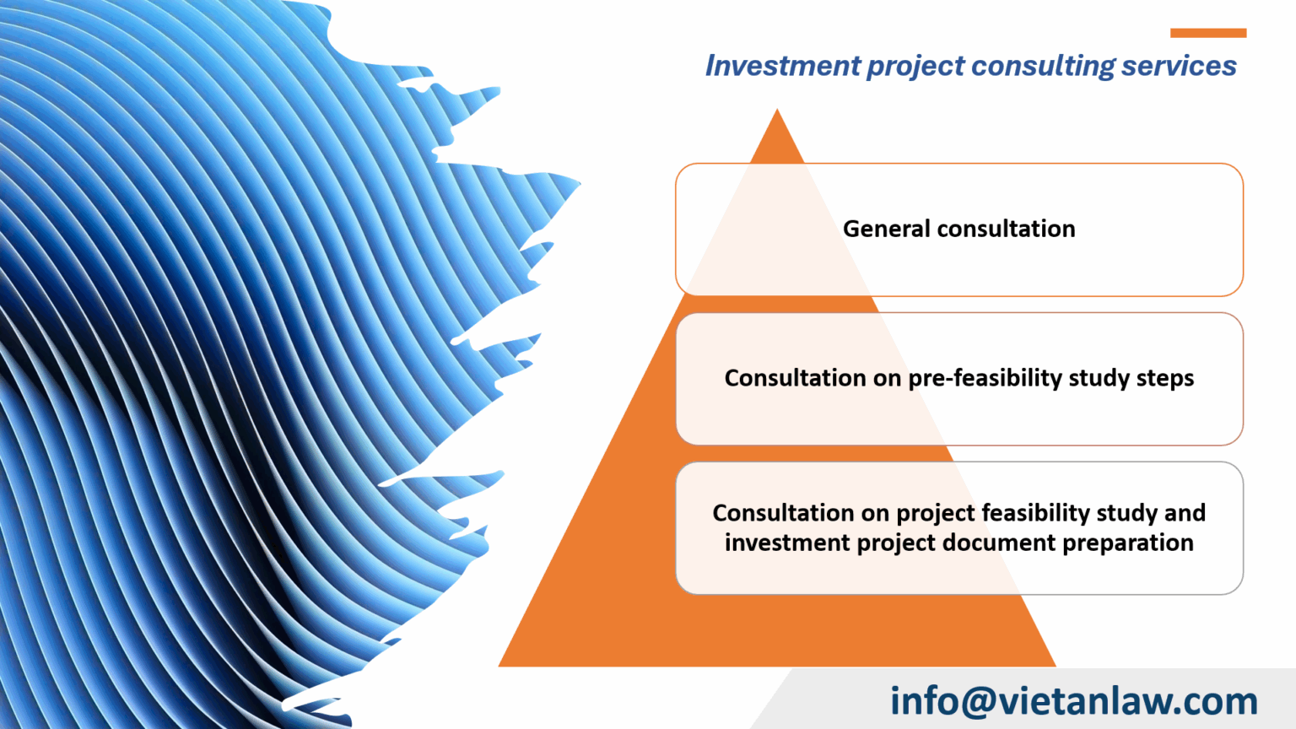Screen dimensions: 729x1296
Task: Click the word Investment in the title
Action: coord(782,66)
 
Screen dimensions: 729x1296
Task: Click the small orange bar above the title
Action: coord(1207,33)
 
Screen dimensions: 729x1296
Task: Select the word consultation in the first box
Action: coord(1006,229)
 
